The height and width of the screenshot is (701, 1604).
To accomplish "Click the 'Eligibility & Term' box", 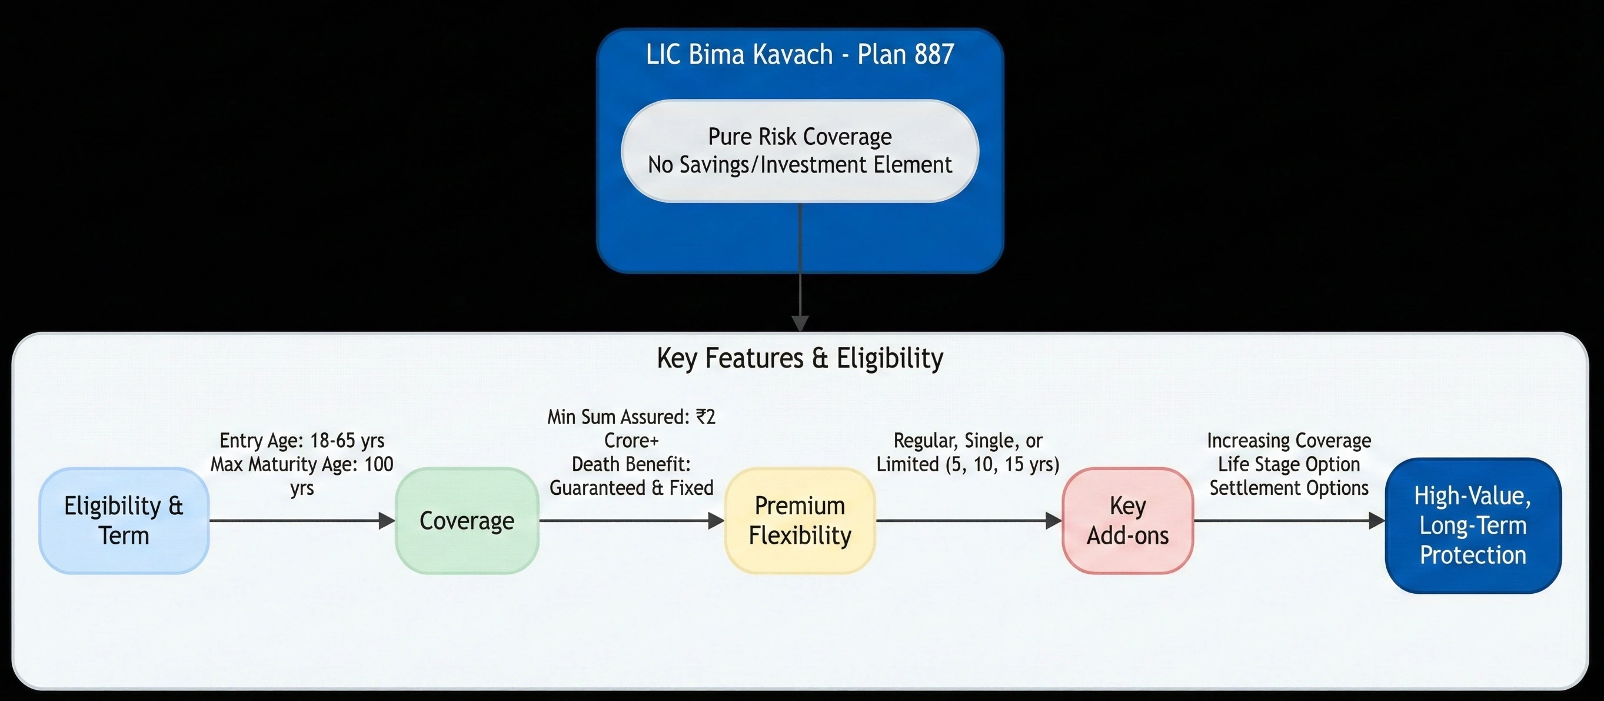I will point(124,520).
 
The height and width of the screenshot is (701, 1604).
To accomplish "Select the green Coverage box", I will point(467,520).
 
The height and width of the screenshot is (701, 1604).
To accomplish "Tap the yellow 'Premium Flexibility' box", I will point(800,520).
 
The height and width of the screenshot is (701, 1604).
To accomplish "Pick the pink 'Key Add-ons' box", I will point(1127,520).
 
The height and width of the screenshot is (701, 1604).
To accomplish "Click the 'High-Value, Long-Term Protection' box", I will point(1473,525).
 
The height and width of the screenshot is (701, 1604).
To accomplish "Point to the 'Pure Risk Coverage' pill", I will point(800,150).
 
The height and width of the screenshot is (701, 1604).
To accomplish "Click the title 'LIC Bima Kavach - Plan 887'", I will point(800,55).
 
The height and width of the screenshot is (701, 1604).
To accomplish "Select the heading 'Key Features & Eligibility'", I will point(800,358).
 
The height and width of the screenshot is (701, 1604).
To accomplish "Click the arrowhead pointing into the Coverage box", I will point(387,520).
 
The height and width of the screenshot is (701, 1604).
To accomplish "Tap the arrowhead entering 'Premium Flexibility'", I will point(716,520).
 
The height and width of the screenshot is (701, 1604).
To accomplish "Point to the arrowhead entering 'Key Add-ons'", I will point(1054,520).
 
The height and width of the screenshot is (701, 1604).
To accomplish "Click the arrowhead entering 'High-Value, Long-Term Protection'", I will point(1377,520).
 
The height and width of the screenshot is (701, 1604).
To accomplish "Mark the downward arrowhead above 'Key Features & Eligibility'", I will point(800,323).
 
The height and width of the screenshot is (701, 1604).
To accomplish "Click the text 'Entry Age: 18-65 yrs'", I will point(302,441).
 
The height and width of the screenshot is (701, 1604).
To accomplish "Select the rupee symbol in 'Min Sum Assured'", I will point(701,416).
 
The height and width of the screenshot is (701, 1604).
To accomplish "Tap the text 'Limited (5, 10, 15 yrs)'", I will point(967,464).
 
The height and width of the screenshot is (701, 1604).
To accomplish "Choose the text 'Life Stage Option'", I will point(1289,464).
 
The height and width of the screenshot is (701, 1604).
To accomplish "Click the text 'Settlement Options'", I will point(1289,488).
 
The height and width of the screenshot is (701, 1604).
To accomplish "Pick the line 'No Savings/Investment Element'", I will point(800,165).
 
